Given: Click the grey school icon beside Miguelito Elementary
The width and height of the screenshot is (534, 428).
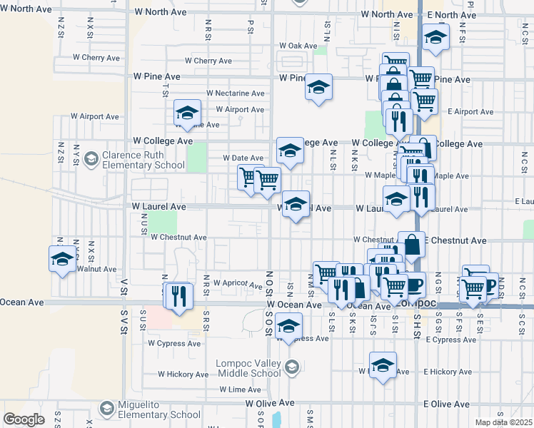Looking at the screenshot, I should (x=107, y=409).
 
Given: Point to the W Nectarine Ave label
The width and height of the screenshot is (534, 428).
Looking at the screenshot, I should (x=236, y=93).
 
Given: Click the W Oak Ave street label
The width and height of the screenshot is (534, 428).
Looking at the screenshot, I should (x=298, y=46).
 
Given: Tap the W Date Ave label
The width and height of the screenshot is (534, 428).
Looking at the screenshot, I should (x=244, y=158).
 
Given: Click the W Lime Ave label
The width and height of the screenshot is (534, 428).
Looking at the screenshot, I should (x=241, y=389).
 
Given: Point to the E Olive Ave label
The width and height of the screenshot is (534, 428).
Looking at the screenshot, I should (x=446, y=404).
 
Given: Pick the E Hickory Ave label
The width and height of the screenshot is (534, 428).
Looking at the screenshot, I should (x=448, y=372).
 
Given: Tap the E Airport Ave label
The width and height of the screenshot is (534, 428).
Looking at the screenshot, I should (x=471, y=112).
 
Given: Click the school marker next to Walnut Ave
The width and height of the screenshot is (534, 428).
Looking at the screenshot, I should (x=62, y=258).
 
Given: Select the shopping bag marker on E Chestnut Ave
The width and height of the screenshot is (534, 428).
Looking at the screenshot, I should (x=412, y=245).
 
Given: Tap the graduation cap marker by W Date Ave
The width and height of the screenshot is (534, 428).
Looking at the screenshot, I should (x=290, y=150).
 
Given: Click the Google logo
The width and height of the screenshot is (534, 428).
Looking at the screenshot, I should (x=24, y=419).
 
